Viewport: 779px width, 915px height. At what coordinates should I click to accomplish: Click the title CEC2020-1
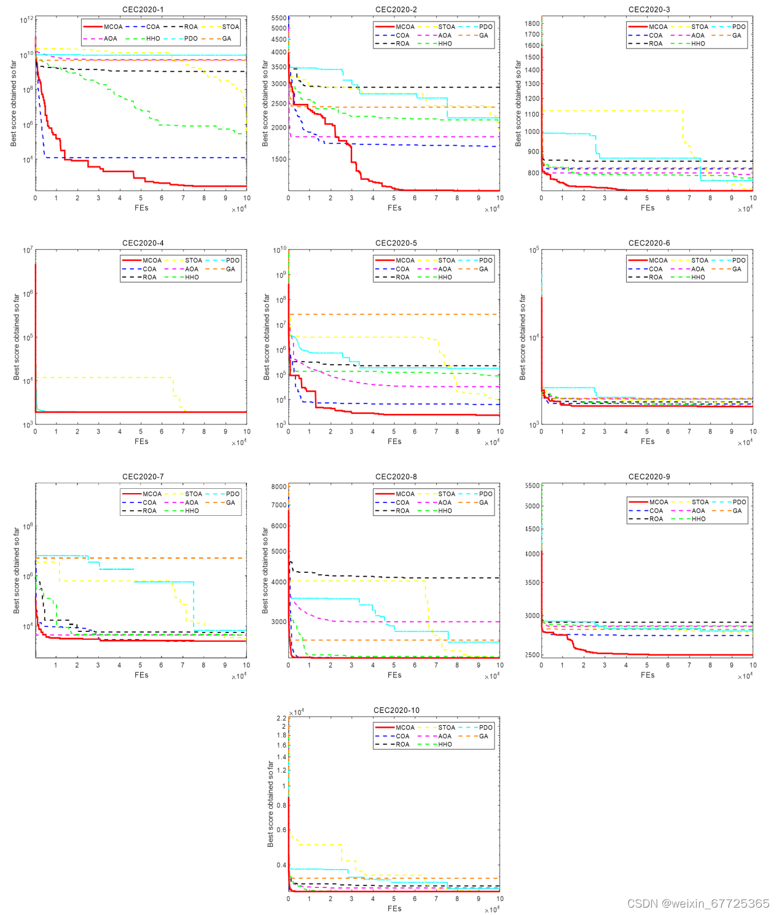[x=143, y=9]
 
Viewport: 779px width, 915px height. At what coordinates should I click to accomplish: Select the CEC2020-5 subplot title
[x=396, y=243]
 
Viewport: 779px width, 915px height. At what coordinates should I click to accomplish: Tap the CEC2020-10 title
[x=396, y=710]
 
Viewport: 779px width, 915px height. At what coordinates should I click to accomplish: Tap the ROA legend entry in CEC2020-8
[x=402, y=511]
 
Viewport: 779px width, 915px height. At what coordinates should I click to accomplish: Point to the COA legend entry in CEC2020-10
[x=402, y=736]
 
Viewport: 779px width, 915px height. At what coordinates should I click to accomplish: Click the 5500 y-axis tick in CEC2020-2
[x=279, y=18]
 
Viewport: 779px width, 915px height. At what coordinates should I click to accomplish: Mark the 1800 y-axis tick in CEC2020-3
[x=532, y=23]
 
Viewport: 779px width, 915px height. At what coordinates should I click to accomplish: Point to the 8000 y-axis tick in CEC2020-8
[x=279, y=486]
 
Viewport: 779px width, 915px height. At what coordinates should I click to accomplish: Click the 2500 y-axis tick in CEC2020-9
[x=532, y=655]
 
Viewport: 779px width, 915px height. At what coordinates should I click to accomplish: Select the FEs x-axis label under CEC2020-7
[x=141, y=675]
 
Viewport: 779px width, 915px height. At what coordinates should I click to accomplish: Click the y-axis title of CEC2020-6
[x=523, y=337]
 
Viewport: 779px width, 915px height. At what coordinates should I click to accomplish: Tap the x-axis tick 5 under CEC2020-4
[x=141, y=432]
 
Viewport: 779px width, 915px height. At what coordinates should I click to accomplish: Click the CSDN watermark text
[x=698, y=903]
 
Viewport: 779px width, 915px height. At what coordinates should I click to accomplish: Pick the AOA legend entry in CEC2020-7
[x=192, y=502]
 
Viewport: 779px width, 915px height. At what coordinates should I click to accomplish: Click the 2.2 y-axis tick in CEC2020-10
[x=281, y=718]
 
